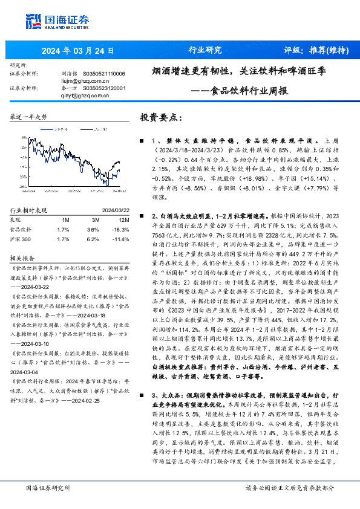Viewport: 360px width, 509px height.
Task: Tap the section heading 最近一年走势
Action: [x=29, y=116]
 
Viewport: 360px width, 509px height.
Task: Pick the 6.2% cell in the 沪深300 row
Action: [x=92, y=239]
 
